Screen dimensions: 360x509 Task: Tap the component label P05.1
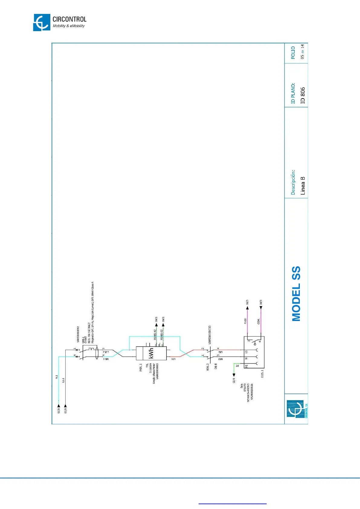141,368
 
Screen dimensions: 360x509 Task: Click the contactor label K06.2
208,367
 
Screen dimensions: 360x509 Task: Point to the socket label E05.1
262,374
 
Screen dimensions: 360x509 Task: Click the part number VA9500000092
78,334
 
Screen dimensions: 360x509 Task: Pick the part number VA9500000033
210,335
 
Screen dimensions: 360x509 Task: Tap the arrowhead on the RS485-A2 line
156,325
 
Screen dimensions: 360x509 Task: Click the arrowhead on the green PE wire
234,375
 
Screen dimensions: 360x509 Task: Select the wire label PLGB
245,321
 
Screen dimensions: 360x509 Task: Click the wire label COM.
259,321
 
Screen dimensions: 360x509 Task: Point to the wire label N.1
57,377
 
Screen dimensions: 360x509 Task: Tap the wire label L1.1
63,380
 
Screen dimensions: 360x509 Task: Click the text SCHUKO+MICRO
248,393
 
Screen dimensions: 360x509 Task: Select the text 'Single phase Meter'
154,374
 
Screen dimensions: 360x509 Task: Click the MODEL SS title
297,293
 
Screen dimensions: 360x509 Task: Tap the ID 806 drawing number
303,96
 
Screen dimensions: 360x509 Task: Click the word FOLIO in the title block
293,53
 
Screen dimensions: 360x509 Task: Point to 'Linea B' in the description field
303,186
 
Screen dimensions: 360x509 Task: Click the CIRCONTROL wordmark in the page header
69,19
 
